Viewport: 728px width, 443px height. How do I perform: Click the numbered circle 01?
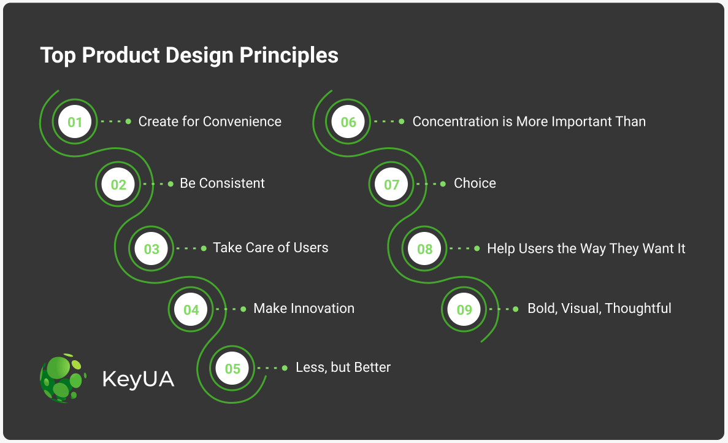click(75, 121)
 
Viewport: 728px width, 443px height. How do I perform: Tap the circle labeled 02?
click(118, 184)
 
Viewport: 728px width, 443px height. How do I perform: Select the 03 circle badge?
click(151, 249)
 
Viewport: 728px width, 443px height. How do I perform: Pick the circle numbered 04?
click(191, 310)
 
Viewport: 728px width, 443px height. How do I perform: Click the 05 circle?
click(232, 369)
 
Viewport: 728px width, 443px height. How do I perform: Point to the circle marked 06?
click(348, 121)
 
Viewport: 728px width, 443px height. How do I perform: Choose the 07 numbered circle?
click(391, 184)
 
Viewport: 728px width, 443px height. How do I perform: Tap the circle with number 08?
click(424, 249)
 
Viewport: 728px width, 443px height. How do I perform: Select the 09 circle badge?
click(464, 310)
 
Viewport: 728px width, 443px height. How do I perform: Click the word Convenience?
click(242, 121)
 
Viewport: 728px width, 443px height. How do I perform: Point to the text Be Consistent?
click(223, 183)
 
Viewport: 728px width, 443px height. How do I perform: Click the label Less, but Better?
click(343, 368)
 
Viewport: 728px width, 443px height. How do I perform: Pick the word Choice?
click(475, 183)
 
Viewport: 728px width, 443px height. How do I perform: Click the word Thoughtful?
click(638, 309)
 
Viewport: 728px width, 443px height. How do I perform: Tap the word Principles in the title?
click(289, 55)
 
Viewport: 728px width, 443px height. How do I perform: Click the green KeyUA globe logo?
click(63, 377)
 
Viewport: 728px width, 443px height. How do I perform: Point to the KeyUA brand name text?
click(139, 379)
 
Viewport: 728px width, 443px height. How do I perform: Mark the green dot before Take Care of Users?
click(204, 248)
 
